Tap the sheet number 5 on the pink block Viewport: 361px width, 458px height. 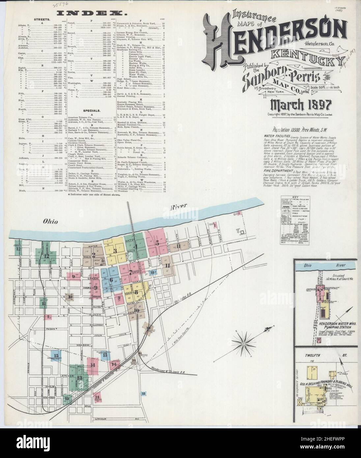[157, 243]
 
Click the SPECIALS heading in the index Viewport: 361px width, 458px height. [92, 110]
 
